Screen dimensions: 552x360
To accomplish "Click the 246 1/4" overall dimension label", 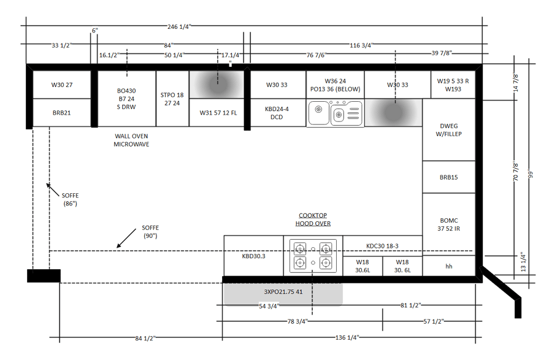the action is pyautogui.click(x=179, y=27).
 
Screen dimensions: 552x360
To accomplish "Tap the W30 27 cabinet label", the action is pyautogui.click(x=62, y=85).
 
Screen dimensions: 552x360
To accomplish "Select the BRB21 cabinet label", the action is pyautogui.click(x=61, y=113).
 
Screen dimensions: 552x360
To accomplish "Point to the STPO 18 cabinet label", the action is pyautogui.click(x=172, y=95).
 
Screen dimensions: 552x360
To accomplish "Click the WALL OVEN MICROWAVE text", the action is pyautogui.click(x=131, y=140).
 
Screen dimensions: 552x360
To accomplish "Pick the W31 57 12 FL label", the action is pyautogui.click(x=218, y=113).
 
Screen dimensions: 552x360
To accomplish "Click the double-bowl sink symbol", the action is pyautogui.click(x=335, y=113).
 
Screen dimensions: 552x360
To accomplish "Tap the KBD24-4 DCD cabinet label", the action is pyautogui.click(x=277, y=113).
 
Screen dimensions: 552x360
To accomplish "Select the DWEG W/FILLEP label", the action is pyautogui.click(x=449, y=130).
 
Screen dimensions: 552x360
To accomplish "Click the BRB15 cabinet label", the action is pyautogui.click(x=449, y=177).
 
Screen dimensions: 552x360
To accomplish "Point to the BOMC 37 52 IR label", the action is pyautogui.click(x=449, y=224).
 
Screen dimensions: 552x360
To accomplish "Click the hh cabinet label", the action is pyautogui.click(x=449, y=266).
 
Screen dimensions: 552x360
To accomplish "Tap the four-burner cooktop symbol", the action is pyautogui.click(x=313, y=256).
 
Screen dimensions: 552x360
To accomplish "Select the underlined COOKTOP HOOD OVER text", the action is pyautogui.click(x=313, y=219).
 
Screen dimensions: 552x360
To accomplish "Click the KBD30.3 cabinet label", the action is pyautogui.click(x=253, y=256).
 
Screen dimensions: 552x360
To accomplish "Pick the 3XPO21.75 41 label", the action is pyautogui.click(x=283, y=292).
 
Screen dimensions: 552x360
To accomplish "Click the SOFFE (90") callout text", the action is pyautogui.click(x=150, y=232).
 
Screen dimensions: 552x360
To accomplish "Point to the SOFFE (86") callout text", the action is pyautogui.click(x=71, y=199).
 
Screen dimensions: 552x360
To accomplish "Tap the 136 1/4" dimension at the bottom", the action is pyautogui.click(x=347, y=337).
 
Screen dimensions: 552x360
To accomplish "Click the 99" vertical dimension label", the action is pyautogui.click(x=531, y=174).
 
